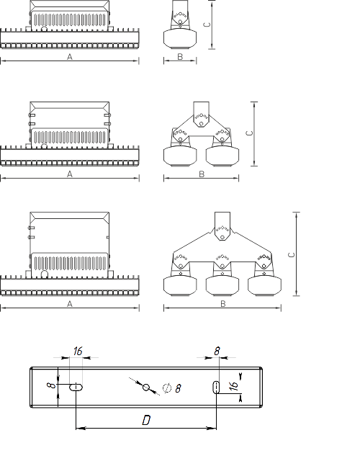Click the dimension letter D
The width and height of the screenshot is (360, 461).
pyautogui.click(x=146, y=420)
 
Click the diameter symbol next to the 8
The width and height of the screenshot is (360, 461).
pyautogui.click(x=167, y=388)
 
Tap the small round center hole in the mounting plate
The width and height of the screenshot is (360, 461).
pyautogui.click(x=146, y=388)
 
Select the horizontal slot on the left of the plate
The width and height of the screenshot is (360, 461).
pyautogui.click(x=76, y=388)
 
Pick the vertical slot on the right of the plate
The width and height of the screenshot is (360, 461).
pyautogui.click(x=216, y=388)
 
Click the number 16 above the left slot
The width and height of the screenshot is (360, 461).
pyautogui.click(x=78, y=351)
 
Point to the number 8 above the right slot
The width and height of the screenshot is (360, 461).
pyautogui.click(x=217, y=351)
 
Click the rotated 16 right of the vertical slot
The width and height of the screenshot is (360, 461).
pyautogui.click(x=234, y=386)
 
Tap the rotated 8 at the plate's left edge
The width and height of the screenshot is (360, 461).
pyautogui.click(x=52, y=385)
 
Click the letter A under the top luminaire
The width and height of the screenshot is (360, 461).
pyautogui.click(x=70, y=57)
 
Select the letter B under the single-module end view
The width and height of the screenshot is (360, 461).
pyautogui.click(x=180, y=57)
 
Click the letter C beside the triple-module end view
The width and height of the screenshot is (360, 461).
pyautogui.click(x=292, y=254)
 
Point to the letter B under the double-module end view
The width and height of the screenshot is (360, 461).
pyautogui.click(x=202, y=174)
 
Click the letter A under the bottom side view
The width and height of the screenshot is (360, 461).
pyautogui.click(x=70, y=304)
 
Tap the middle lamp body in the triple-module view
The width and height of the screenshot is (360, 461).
pyautogui.click(x=222, y=285)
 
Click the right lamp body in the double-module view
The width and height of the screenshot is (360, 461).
pyautogui.click(x=222, y=156)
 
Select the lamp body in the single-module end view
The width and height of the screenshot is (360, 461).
pyautogui.click(x=180, y=38)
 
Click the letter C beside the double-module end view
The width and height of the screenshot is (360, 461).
pyautogui.click(x=250, y=133)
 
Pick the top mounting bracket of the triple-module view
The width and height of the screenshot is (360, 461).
pyautogui.click(x=222, y=225)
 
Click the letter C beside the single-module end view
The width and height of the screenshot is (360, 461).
pyautogui.click(x=207, y=24)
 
